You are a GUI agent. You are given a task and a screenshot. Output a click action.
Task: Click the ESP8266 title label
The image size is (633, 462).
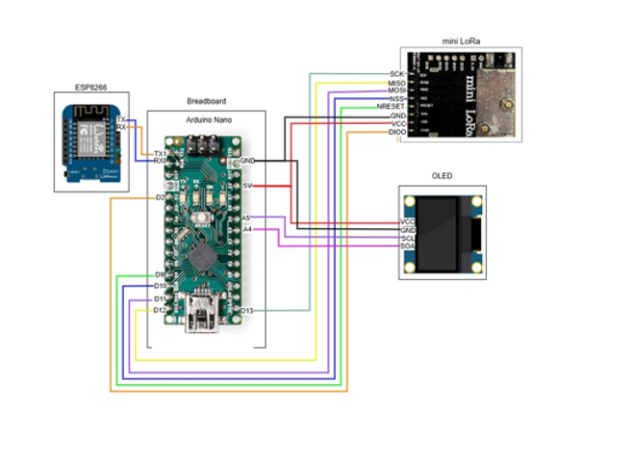click(93, 88)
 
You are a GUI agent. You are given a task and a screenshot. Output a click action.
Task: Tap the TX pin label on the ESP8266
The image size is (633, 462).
click(121, 118)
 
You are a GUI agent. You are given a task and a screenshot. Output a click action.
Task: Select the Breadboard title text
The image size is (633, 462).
click(205, 100)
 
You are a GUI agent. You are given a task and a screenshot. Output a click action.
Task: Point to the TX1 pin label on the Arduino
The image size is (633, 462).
click(160, 153)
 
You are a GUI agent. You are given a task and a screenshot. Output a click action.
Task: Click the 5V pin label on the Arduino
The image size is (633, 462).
click(247, 185)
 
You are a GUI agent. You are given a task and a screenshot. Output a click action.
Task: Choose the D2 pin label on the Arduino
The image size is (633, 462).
click(160, 197)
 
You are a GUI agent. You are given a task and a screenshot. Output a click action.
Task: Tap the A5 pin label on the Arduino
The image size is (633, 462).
click(246, 218)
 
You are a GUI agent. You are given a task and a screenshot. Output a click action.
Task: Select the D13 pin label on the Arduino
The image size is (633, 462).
click(246, 310)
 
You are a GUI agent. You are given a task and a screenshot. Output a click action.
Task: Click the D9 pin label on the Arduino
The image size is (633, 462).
click(160, 275)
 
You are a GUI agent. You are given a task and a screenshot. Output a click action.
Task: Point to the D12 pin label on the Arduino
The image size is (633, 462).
click(160, 310)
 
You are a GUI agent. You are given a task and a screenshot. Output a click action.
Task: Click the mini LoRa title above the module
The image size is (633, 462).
click(462, 41)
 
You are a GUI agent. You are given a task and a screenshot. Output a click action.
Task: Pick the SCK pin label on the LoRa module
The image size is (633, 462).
click(396, 74)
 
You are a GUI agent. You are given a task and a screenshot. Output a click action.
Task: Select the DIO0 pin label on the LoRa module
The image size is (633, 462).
click(395, 133)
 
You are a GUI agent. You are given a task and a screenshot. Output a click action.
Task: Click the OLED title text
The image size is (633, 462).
click(443, 176)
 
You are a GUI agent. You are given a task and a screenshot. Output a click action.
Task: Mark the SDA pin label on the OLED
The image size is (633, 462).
click(407, 246)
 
